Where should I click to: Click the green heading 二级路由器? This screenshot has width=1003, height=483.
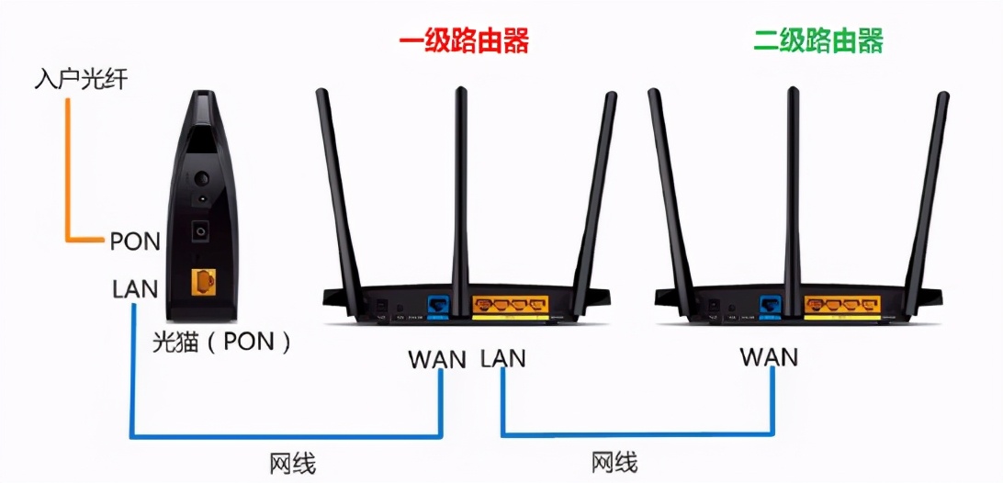pos(817,41)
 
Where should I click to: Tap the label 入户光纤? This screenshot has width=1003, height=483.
pos(81,81)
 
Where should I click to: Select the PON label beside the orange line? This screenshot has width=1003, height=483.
pos(135,242)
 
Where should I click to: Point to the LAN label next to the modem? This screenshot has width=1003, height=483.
pos(135,289)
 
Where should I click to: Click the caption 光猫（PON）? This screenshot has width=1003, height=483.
pos(222,343)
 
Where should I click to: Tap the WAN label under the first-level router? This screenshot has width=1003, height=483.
pos(438,358)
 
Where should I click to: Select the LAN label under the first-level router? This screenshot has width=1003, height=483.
pos(503,358)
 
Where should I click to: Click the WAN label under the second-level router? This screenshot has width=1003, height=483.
pos(770,356)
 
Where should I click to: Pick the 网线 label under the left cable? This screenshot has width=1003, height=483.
pos(293,464)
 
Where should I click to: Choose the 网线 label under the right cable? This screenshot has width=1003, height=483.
pos(614,462)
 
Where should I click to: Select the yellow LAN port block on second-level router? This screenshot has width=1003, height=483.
pos(841,304)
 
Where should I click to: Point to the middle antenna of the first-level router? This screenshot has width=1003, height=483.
pos(460,184)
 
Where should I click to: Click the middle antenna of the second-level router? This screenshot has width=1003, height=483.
pos(792,184)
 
